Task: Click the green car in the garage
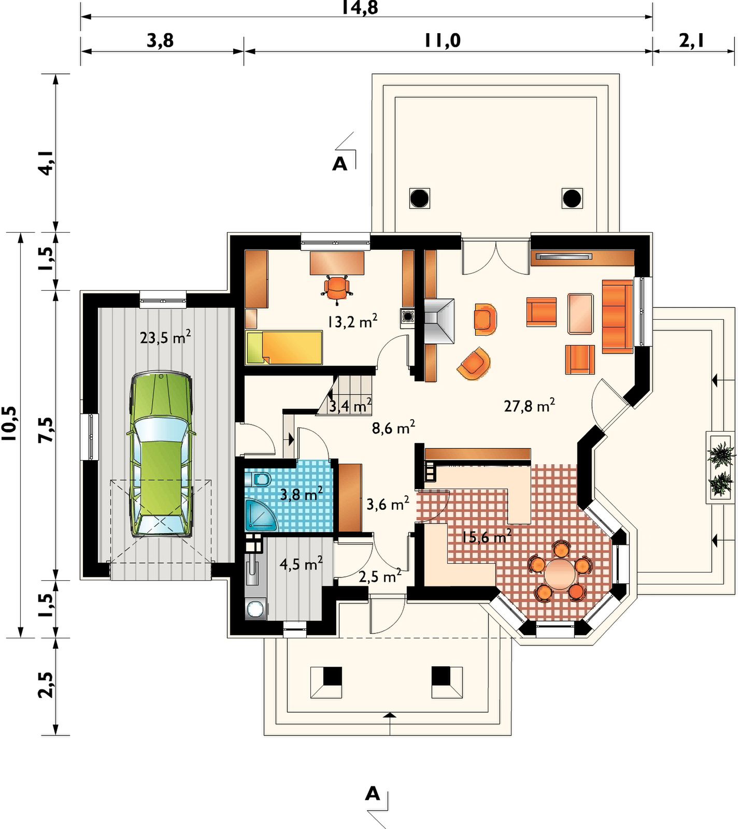tap(161, 453)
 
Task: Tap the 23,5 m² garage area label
tap(165, 337)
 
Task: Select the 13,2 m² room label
tap(352, 321)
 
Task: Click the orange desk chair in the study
tap(337, 288)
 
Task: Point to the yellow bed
tap(284, 348)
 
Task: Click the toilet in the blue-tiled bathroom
tap(261, 479)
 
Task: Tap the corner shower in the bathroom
tap(261, 515)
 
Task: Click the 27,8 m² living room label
tap(530, 405)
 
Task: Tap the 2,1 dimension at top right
tap(692, 40)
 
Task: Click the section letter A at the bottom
tap(373, 793)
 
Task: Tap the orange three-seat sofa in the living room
tap(617, 317)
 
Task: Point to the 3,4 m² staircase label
tap(350, 406)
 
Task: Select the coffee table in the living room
tap(580, 313)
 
